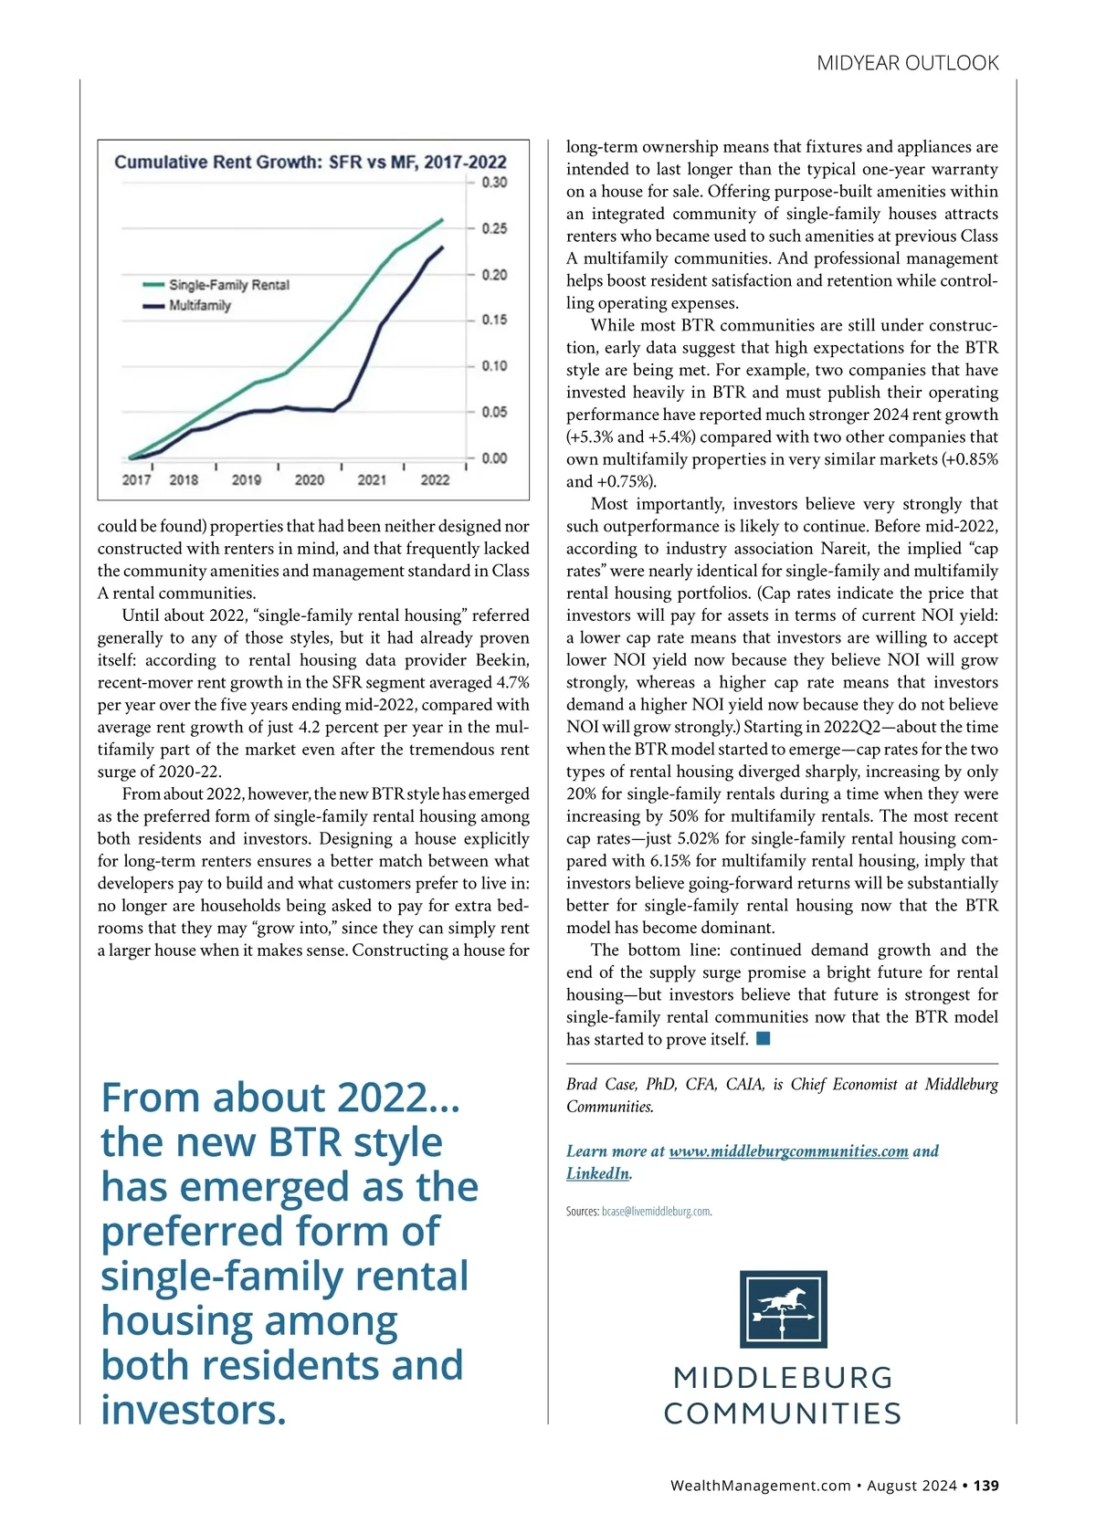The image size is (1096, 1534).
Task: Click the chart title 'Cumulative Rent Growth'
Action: pyautogui.click(x=311, y=163)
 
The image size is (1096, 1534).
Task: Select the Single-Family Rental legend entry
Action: pyautogui.click(x=228, y=285)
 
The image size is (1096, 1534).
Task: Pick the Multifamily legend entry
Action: pyautogui.click(x=199, y=305)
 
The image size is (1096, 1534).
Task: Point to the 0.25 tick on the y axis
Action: pyautogui.click(x=494, y=228)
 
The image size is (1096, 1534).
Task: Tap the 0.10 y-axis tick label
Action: pyautogui.click(x=494, y=366)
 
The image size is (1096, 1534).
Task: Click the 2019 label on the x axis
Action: pyautogui.click(x=247, y=479)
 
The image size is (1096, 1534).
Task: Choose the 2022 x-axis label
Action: pyautogui.click(x=435, y=479)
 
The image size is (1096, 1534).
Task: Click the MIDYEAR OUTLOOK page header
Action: pyautogui.click(x=907, y=63)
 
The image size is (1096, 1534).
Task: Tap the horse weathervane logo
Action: pyautogui.click(x=783, y=1308)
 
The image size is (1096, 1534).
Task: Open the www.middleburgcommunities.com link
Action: pyautogui.click(x=788, y=1151)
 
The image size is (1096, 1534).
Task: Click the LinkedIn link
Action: pyautogui.click(x=597, y=1173)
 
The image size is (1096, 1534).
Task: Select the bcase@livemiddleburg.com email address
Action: pyautogui.click(x=656, y=1212)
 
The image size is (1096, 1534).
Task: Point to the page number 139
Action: pyautogui.click(x=985, y=1486)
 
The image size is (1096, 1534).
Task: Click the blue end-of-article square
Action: pyautogui.click(x=764, y=1039)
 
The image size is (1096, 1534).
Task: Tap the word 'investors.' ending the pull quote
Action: pyautogui.click(x=194, y=1409)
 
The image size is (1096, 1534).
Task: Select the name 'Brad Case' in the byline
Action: pyautogui.click(x=601, y=1085)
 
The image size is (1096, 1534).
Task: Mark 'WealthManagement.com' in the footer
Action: pyautogui.click(x=760, y=1486)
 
